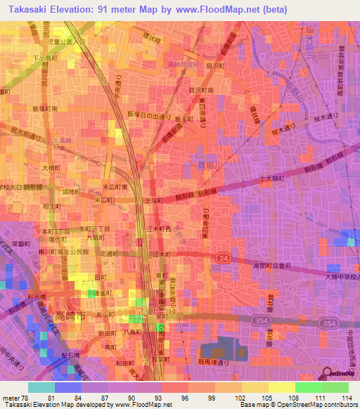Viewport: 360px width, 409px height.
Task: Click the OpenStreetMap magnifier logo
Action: (x=327, y=375)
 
